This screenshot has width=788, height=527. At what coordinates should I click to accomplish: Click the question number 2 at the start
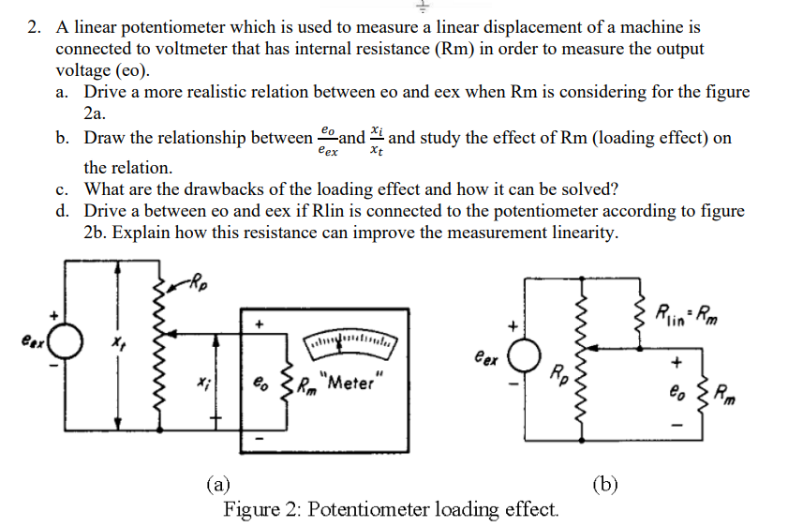[32, 28]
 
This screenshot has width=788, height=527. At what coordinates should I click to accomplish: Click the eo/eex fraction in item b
[327, 139]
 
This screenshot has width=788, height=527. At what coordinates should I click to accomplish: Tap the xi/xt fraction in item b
[377, 139]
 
